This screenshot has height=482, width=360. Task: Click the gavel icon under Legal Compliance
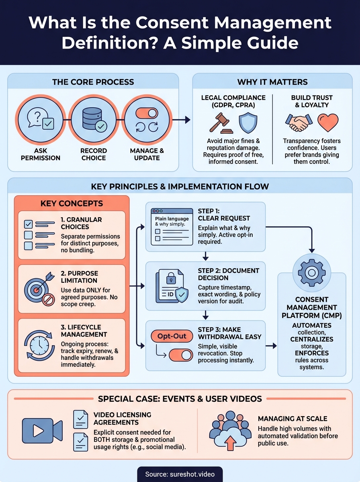coord(220,123)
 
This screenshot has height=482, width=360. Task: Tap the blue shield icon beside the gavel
coord(247,123)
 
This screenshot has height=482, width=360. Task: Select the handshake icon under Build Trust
coord(299,123)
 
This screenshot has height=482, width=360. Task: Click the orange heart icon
coord(327,123)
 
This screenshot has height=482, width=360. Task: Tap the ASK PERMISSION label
coord(41,154)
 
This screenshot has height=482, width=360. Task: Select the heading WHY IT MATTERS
coord(272,82)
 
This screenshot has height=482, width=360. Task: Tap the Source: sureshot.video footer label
coord(180,474)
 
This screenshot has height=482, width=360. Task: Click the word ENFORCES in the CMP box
coord(311,353)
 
